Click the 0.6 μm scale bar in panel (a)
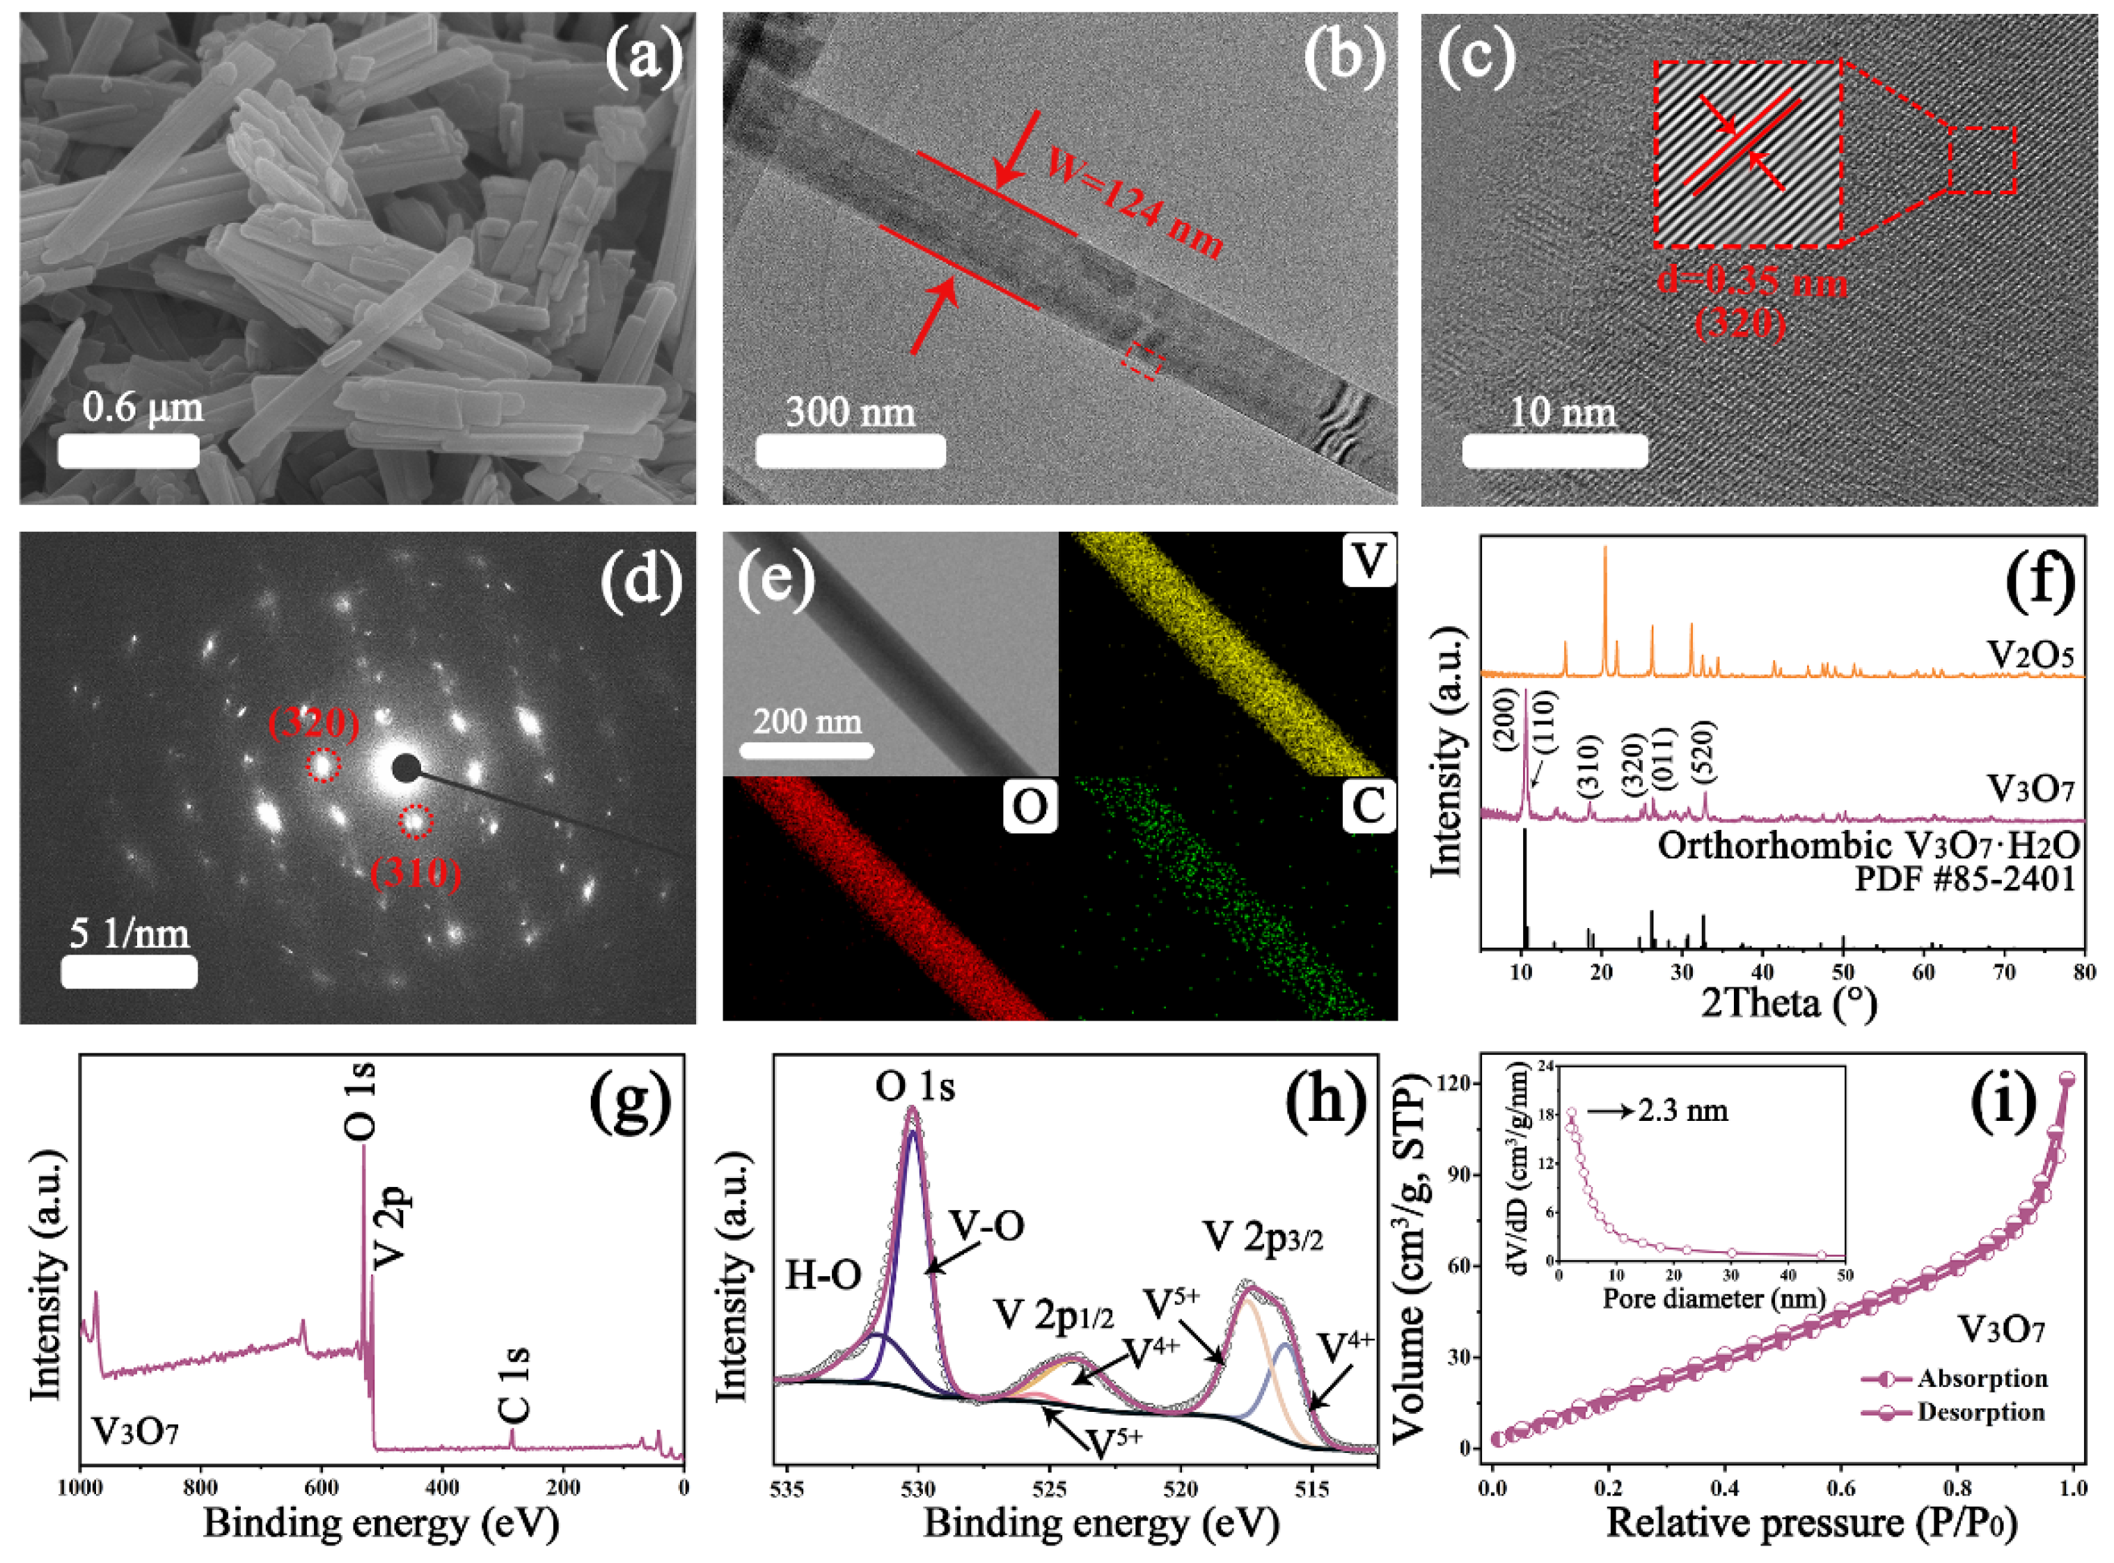129,450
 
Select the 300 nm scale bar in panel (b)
851,450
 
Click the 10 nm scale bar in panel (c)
1555,450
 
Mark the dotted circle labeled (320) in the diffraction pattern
322,764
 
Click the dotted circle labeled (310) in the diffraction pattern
414,822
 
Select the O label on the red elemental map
1030,806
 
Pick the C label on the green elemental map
1368,806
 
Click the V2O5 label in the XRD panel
2030,654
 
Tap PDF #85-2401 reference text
1964,879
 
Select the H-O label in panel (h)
823,1276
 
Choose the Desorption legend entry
1980,1413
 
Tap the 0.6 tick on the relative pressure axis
1840,1489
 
